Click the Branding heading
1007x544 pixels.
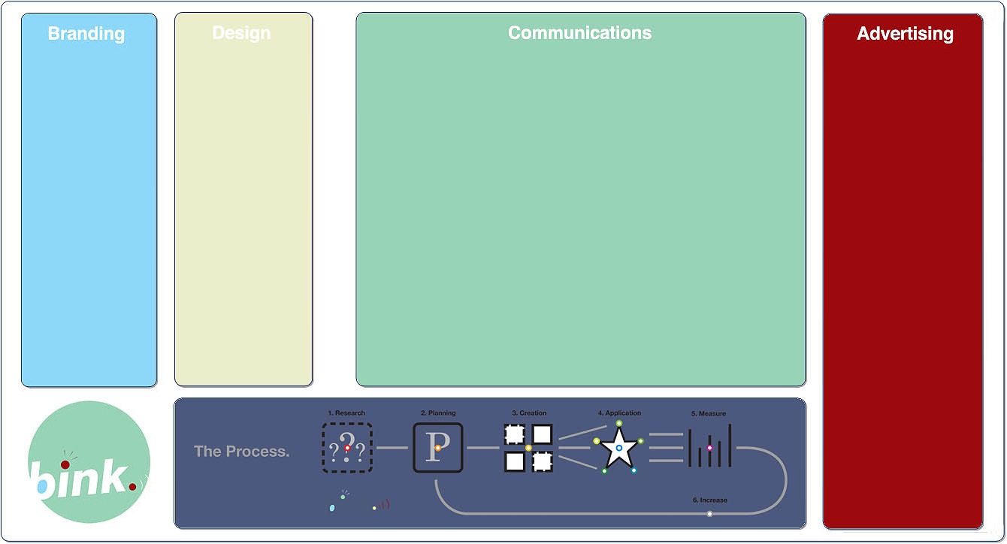[x=86, y=34]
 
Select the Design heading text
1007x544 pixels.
[x=241, y=33]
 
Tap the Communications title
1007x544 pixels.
[x=579, y=33]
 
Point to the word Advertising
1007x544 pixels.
[x=905, y=34]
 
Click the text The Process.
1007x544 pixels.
[x=241, y=452]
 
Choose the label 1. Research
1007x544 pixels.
[x=346, y=413]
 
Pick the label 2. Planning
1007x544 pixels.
[x=438, y=413]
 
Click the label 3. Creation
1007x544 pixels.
[x=529, y=413]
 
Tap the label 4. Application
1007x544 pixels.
[x=619, y=413]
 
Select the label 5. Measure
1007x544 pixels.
[x=709, y=414]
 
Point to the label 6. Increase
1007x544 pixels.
[x=709, y=500]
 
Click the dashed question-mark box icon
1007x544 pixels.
[x=347, y=448]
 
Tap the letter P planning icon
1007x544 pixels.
[x=437, y=448]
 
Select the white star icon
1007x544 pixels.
[x=619, y=449]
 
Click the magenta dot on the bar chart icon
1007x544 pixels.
[x=709, y=448]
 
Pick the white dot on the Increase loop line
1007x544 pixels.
[x=709, y=514]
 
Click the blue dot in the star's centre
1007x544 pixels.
[x=619, y=448]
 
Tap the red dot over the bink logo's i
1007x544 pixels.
[x=65, y=465]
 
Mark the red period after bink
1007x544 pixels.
[x=132, y=487]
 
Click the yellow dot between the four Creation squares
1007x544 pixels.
[x=528, y=448]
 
